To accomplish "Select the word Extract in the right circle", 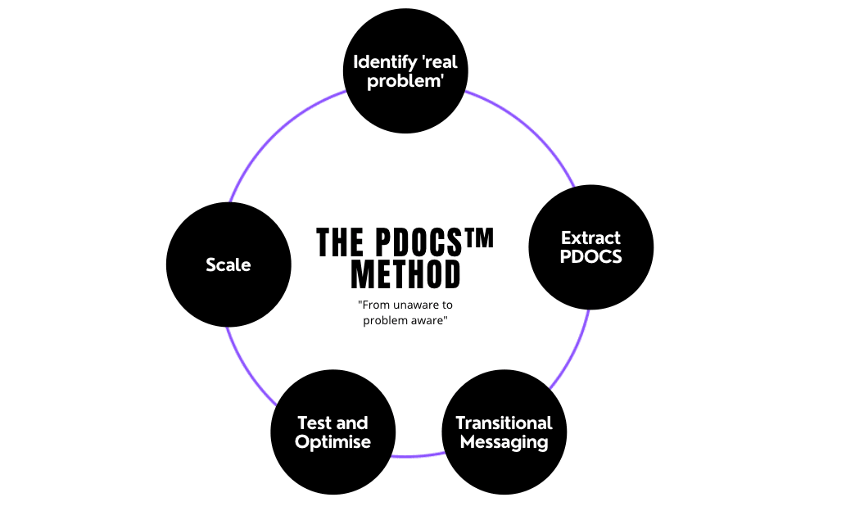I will [590, 238].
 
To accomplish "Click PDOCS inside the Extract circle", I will [590, 257].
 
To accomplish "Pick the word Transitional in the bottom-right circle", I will [504, 423].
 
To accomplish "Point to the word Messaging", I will [504, 442].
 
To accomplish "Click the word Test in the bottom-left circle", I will [314, 423].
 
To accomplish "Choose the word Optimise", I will [332, 442].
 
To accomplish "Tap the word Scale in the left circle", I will [228, 265].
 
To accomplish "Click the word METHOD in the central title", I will [405, 275].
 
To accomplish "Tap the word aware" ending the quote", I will [428, 321].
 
